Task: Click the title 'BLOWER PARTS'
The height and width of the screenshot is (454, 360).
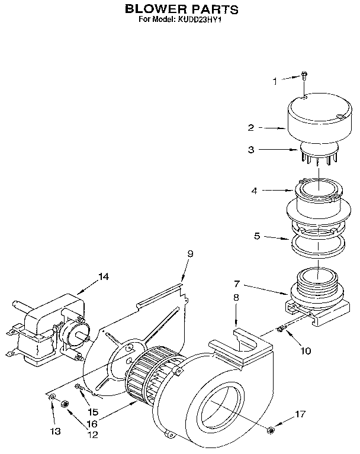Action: click(181, 9)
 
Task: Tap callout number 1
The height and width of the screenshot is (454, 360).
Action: click(275, 81)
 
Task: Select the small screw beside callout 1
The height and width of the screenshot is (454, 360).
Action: click(304, 75)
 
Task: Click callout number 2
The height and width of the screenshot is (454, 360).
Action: click(251, 127)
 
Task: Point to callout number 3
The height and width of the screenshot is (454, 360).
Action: click(251, 150)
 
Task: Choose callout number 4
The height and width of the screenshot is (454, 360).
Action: click(253, 191)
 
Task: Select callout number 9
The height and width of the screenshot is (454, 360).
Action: click(190, 254)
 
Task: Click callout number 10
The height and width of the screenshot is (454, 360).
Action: click(305, 350)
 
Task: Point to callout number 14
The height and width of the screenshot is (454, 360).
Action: click(104, 276)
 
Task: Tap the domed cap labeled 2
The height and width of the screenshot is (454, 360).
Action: click(314, 118)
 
